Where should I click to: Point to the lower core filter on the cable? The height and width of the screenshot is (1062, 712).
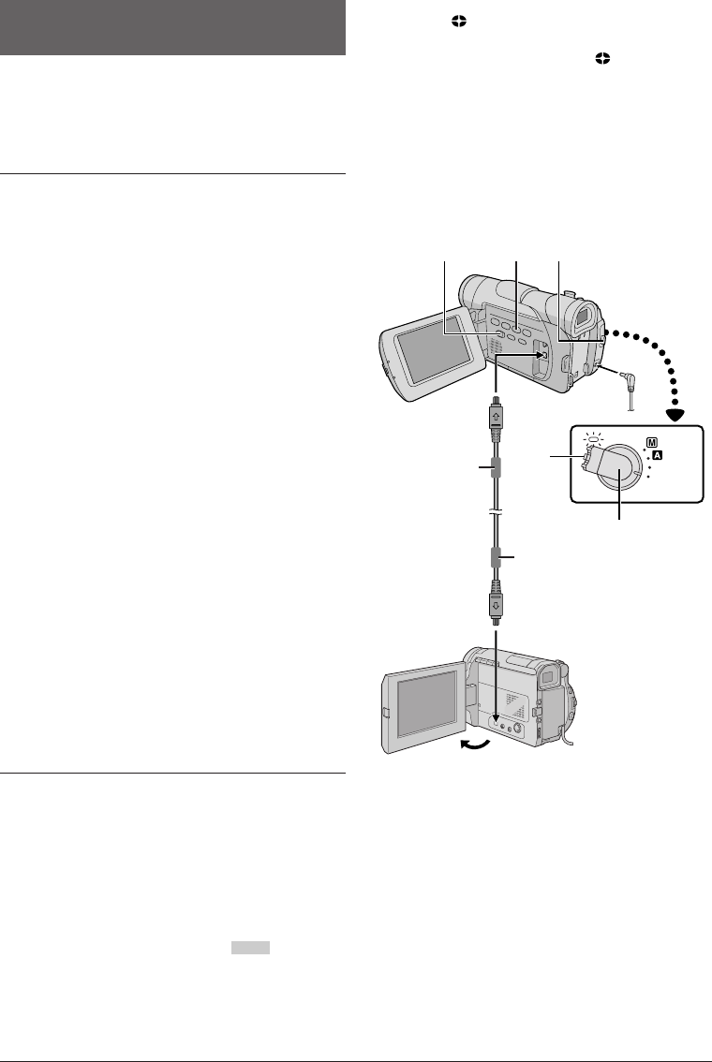coord(496,558)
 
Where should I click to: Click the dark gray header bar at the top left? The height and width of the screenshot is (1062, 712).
coord(174,28)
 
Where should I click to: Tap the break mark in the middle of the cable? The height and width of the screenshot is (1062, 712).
coord(496,513)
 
